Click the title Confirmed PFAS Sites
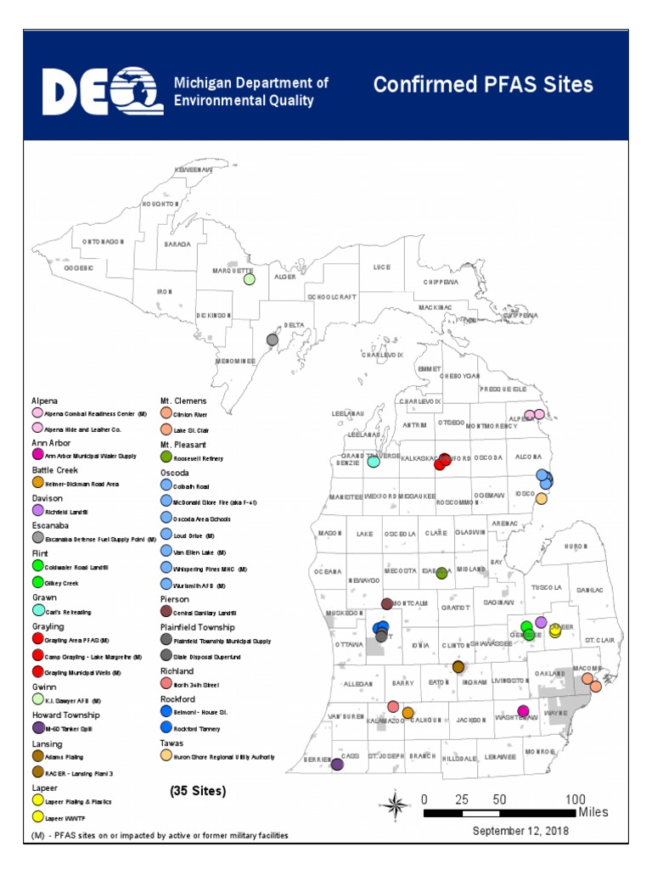[x=483, y=85]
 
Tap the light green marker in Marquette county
[x=250, y=278]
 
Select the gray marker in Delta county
[x=273, y=339]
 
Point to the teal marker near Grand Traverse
[x=373, y=462]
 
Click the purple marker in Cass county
[x=337, y=764]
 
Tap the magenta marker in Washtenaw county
[x=523, y=711]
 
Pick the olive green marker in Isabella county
[x=441, y=574]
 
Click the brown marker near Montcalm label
[x=387, y=603]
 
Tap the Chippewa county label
[x=441, y=282]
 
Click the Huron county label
[x=576, y=547]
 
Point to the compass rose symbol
[x=396, y=802]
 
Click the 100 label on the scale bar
[x=576, y=799]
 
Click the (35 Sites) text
[x=198, y=791]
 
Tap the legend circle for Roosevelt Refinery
[x=166, y=457]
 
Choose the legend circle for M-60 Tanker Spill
[x=38, y=727]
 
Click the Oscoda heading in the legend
[x=175, y=472]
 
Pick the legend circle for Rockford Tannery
[x=166, y=727]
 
